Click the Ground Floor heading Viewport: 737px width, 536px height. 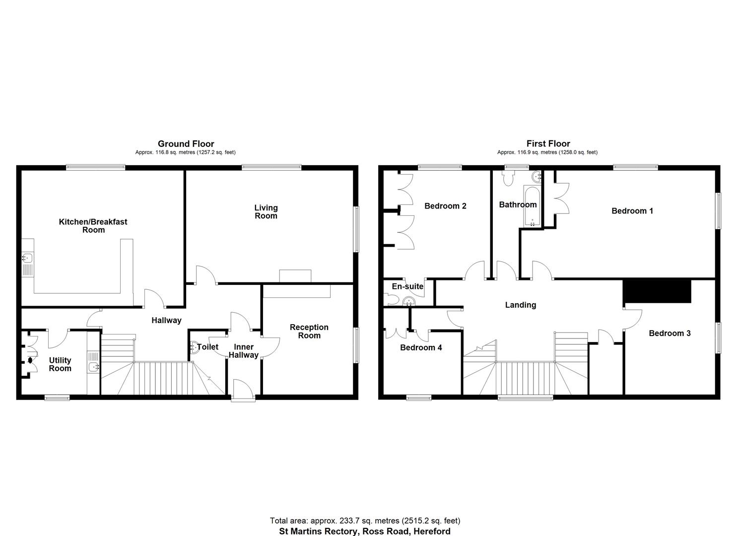click(186, 144)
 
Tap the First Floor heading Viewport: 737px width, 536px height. click(548, 144)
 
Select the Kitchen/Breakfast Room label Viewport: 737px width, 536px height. click(93, 226)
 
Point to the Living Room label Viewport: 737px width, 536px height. click(266, 212)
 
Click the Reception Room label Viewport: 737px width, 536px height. click(309, 332)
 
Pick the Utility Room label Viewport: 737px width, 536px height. click(60, 364)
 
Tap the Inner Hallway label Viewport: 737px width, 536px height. click(244, 351)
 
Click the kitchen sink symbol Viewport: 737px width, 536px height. click(28, 258)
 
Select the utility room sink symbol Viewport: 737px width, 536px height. click(93, 366)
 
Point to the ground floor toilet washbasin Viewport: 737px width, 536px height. click(194, 347)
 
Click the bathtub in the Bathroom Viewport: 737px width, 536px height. click(532, 206)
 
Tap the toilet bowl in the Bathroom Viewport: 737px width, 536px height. click(508, 178)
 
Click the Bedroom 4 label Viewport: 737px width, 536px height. click(421, 347)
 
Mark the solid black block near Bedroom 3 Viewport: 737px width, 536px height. click(657, 291)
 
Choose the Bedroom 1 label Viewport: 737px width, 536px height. click(632, 211)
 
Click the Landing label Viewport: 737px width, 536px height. click(521, 305)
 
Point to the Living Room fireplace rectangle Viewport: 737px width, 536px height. click(295, 276)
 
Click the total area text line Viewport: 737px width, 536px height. click(365, 521)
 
